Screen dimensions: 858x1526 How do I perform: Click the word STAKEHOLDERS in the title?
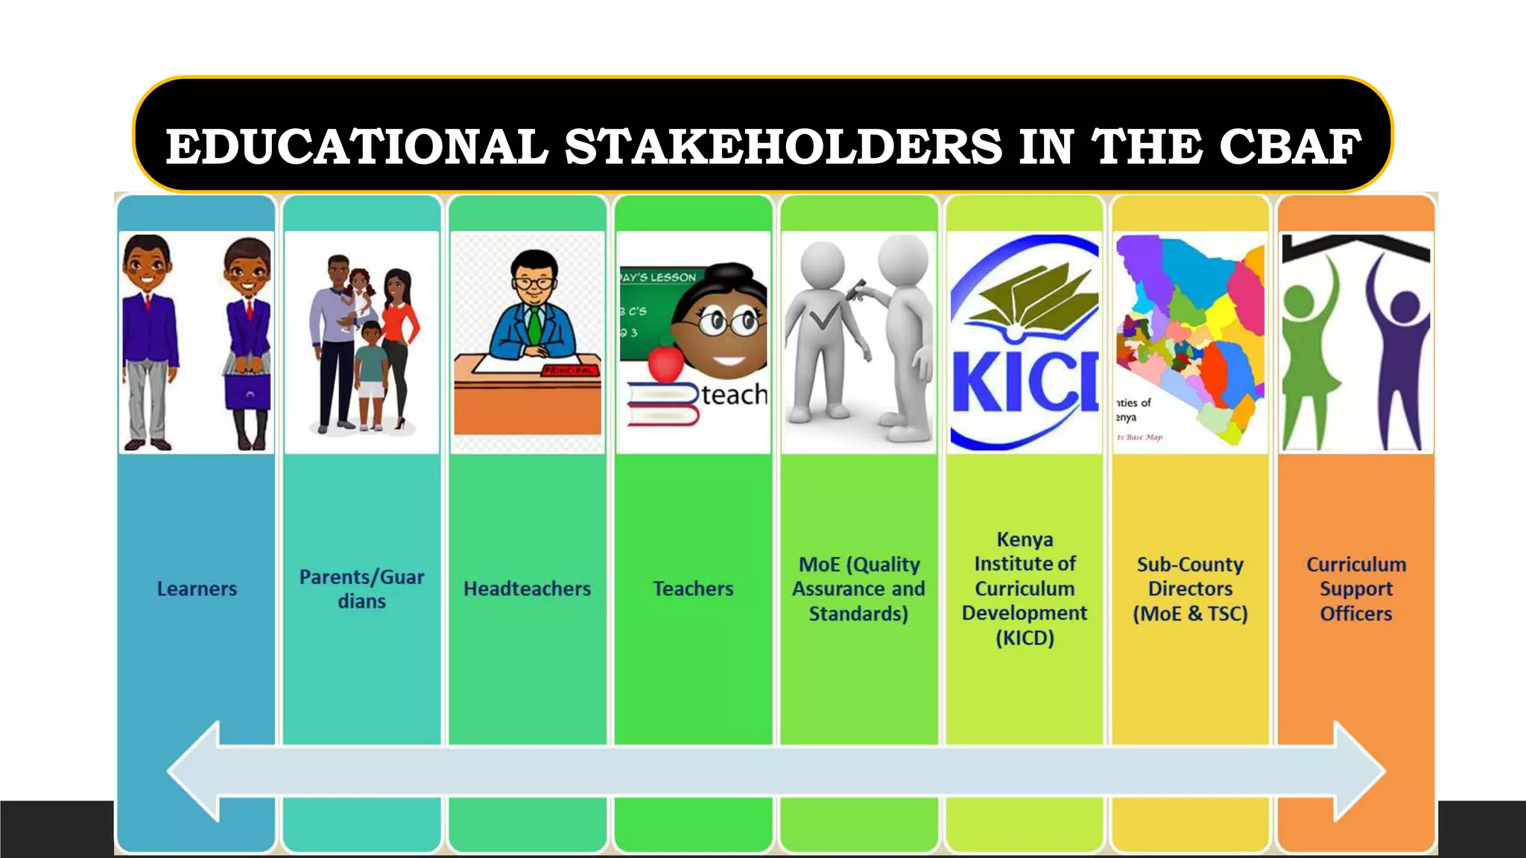[783, 146]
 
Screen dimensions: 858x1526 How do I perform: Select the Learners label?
[197, 589]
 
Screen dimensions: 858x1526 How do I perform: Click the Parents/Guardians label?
[361, 589]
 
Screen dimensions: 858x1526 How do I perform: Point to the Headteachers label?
[527, 589]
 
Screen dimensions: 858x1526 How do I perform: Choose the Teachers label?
[693, 589]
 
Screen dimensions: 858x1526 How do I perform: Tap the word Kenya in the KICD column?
[1025, 539]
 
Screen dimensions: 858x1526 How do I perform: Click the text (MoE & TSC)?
[1190, 614]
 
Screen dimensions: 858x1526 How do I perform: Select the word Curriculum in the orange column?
[1356, 565]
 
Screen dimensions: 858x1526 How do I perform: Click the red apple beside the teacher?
[665, 363]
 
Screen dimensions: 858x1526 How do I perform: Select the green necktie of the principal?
[534, 325]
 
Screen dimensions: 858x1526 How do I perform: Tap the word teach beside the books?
[734, 395]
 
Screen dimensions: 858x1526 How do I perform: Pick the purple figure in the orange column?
[1401, 350]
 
